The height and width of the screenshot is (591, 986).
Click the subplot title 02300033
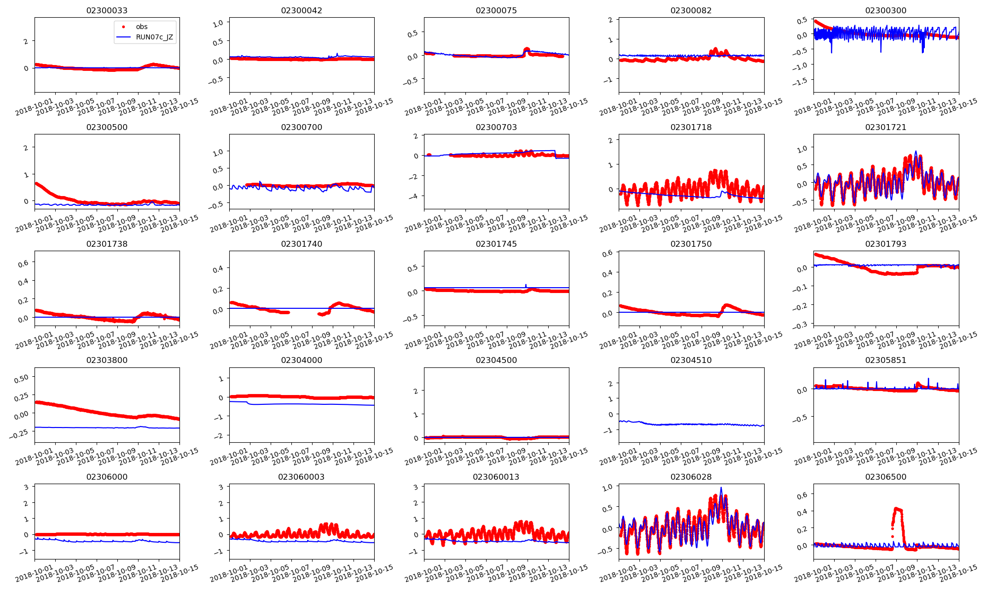pos(106,10)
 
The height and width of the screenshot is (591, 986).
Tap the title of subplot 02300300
pos(885,10)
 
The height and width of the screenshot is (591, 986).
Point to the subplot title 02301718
pos(691,127)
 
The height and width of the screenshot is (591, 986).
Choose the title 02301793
pos(885,244)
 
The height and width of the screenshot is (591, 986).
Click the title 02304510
pos(691,360)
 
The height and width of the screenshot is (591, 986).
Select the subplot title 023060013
pos(496,477)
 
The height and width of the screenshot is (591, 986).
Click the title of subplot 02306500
pos(885,477)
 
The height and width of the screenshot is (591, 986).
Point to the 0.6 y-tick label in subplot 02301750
pos(607,253)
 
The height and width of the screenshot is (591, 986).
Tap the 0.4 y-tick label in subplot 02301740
pos(218,269)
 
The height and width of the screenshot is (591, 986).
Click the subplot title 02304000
pos(301,360)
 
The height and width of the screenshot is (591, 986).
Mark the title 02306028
pos(691,477)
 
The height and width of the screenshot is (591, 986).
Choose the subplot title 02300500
pos(106,127)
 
